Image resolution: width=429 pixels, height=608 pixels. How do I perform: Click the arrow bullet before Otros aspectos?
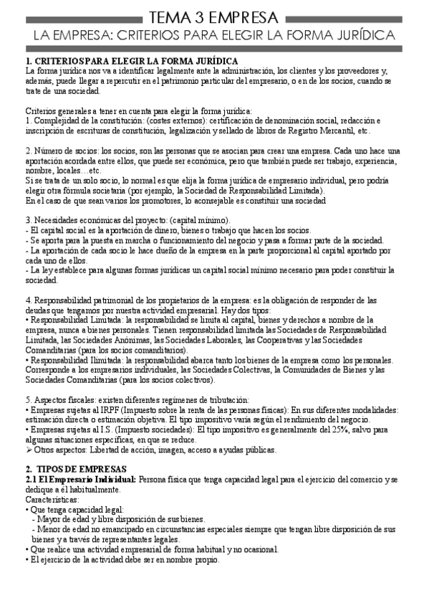(x=28, y=450)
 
